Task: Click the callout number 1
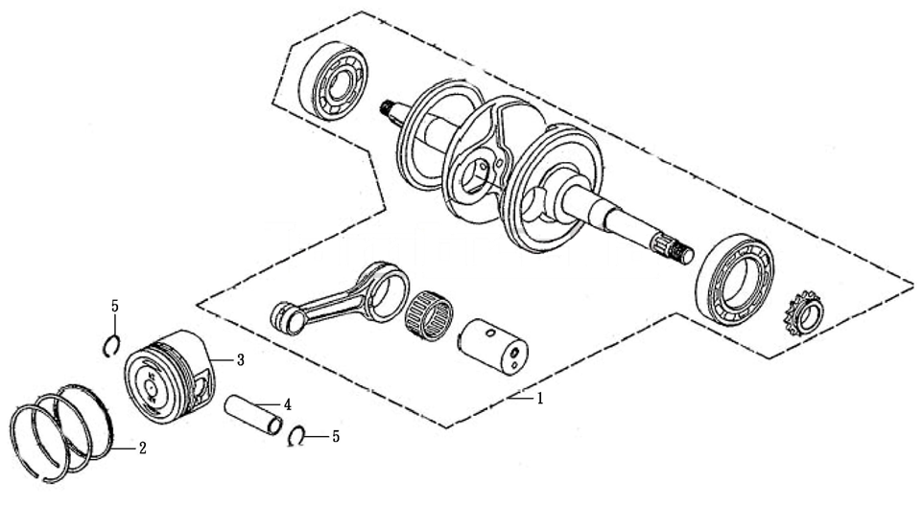point(538,399)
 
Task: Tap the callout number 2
point(142,448)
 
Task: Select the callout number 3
point(240,360)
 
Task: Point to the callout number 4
point(287,404)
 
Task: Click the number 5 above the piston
point(115,306)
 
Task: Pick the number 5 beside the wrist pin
point(336,436)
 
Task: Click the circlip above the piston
point(112,345)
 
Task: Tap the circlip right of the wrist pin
point(297,437)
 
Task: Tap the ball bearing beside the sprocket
point(734,280)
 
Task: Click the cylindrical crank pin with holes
point(493,346)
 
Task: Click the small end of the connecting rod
point(288,318)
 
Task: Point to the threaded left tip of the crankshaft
point(388,107)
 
